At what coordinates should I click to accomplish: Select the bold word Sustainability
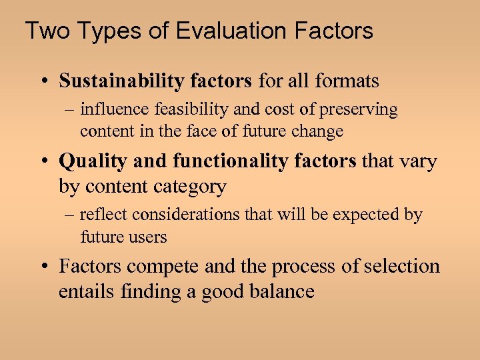pyautogui.click(x=121, y=81)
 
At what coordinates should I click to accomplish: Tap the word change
pyautogui.click(x=317, y=131)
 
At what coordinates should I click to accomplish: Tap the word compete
pyautogui.click(x=163, y=267)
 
